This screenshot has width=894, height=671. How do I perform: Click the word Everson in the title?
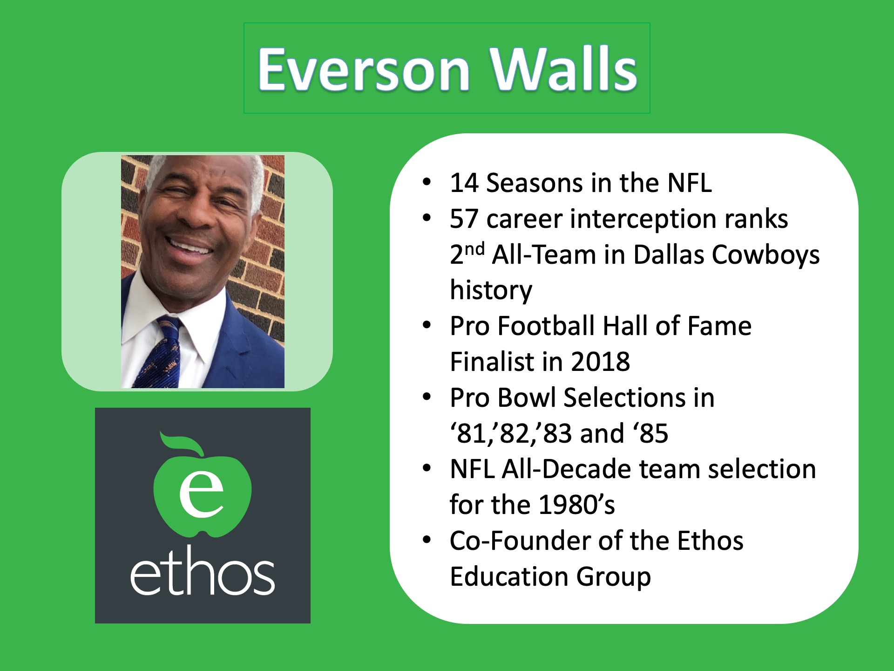coord(364,70)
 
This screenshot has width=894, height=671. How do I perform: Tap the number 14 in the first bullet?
coord(464,183)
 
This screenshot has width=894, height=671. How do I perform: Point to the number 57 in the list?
coord(464,219)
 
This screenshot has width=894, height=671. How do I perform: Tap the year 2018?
coord(600,362)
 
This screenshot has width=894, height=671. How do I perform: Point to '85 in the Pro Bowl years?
coord(650,433)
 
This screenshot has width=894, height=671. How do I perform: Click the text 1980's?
coord(576,505)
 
